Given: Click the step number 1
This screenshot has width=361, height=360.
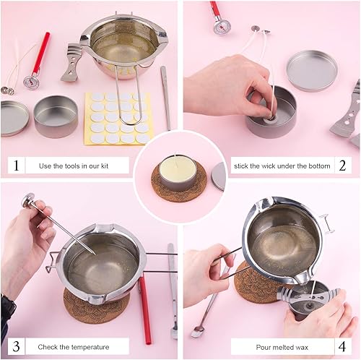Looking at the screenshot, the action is pos(16,166).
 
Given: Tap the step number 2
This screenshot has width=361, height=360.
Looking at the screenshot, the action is pos(342,166).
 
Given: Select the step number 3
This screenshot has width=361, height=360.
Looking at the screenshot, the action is pos(16,346).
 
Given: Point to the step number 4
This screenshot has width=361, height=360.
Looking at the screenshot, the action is pos(342,347).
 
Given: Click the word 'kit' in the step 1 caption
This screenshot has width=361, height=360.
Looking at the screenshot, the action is pos(105,166).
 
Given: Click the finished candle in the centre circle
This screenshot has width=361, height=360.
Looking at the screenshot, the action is pos(176,173).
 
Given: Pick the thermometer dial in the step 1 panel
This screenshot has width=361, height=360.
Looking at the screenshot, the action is pos(31,82).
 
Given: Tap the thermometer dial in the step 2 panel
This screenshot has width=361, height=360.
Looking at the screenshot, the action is pos(222,27).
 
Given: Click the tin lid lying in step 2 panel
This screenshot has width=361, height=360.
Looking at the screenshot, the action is pos(312,71).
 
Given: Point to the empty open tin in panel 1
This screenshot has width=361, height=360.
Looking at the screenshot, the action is pos(56,116).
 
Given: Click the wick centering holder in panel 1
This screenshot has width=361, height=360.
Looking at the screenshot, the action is pos(71,62).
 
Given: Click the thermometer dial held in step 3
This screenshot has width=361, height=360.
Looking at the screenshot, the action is pos(27,200).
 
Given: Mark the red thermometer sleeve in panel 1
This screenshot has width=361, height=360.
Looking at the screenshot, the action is pos(41,53).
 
